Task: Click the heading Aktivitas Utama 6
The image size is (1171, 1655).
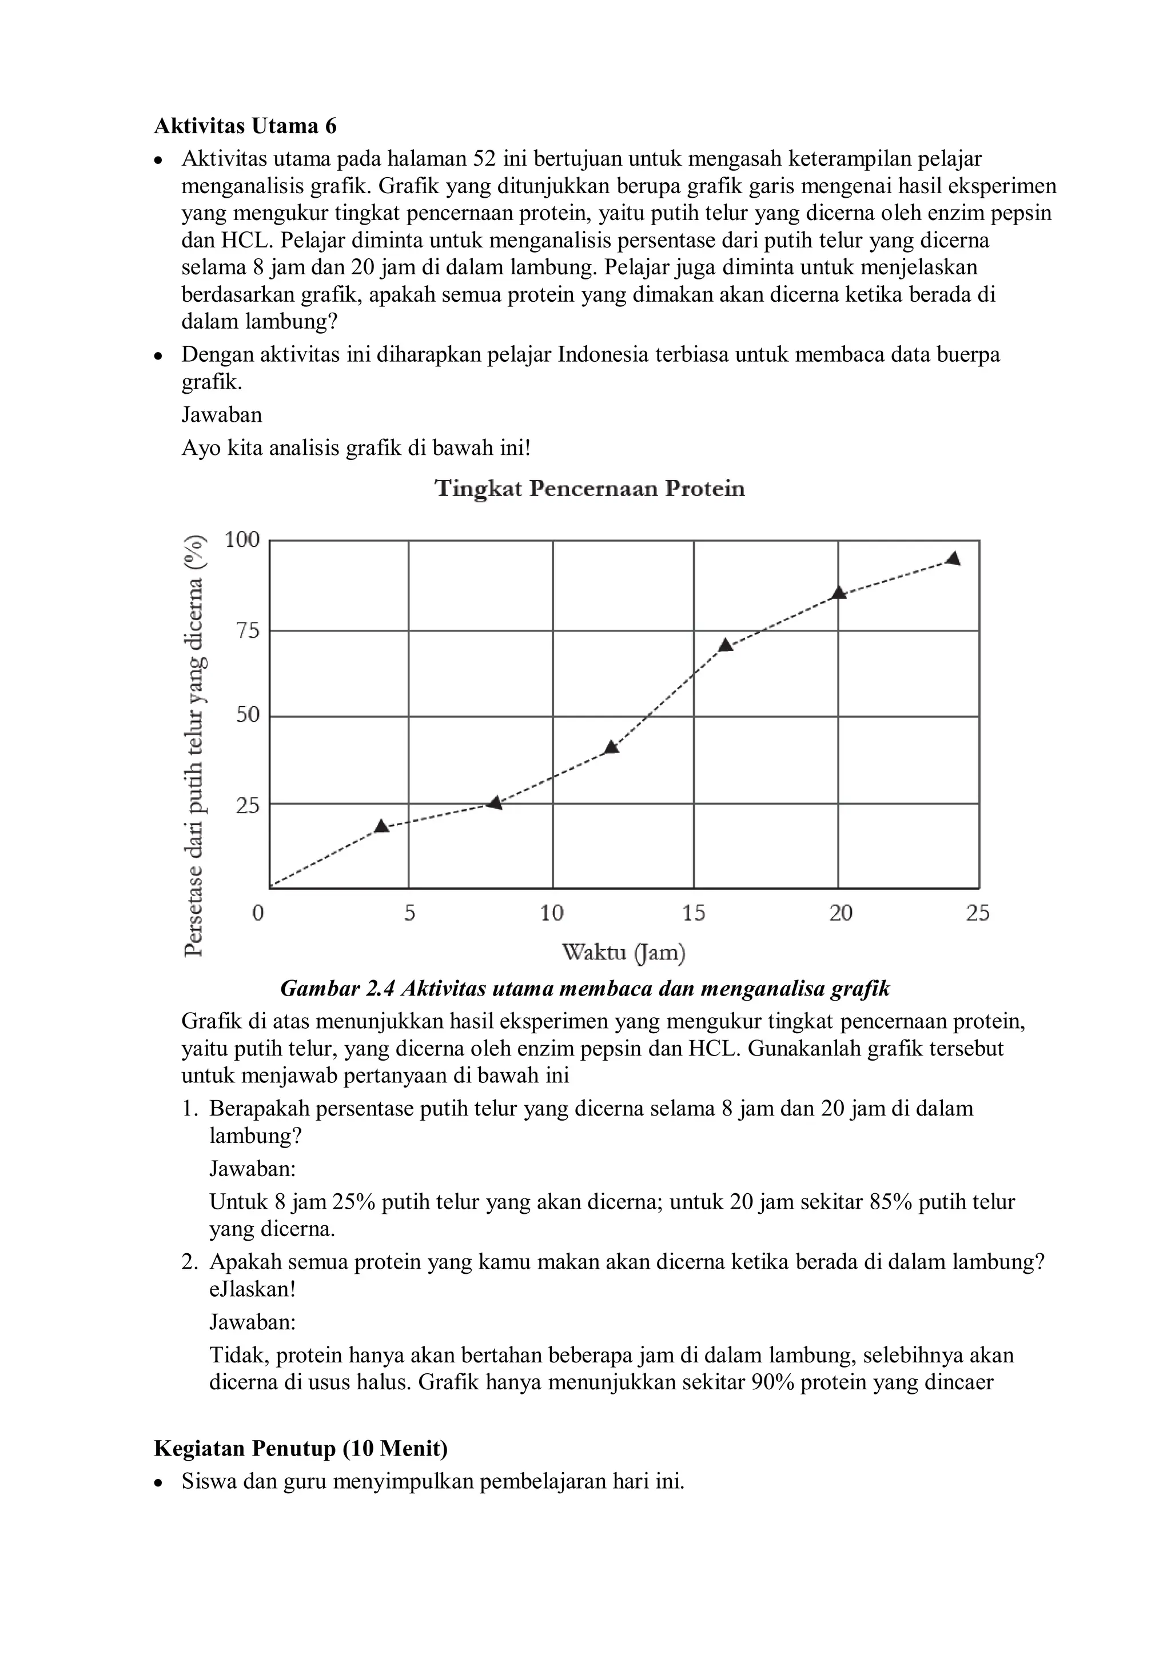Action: pos(245,126)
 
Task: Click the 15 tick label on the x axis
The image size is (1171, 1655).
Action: pos(694,913)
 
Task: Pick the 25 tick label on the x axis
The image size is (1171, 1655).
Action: pos(978,913)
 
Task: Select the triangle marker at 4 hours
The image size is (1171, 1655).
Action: pos(381,826)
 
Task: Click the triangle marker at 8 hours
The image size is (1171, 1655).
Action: pos(495,802)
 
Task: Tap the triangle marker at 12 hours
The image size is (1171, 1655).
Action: pos(611,747)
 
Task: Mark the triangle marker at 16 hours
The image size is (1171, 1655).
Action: pos(726,645)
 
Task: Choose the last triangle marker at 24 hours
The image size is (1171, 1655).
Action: pos(953,559)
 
